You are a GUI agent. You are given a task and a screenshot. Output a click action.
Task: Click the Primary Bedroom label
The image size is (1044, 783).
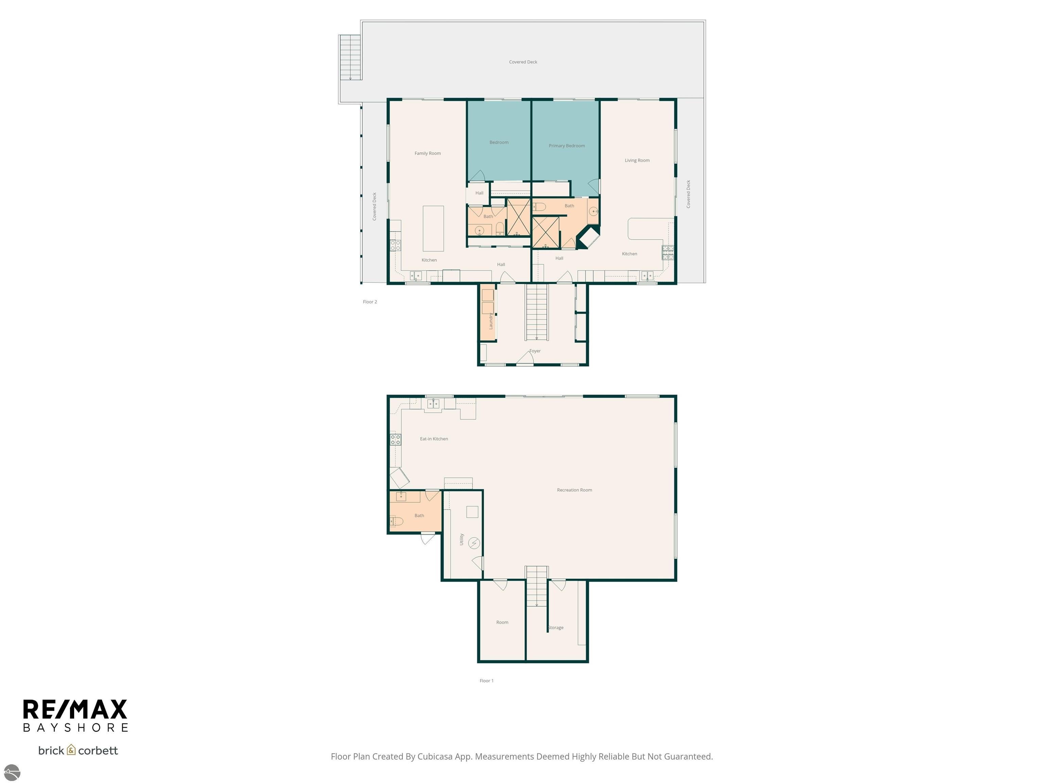[x=567, y=146]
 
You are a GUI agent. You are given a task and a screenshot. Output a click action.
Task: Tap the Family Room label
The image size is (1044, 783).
[x=427, y=153]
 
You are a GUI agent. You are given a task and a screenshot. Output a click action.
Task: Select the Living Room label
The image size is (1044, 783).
[x=637, y=160]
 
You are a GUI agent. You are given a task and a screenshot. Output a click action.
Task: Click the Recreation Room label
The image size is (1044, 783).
[x=574, y=490]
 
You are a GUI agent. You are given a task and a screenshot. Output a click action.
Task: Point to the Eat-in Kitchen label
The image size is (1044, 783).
[x=434, y=439]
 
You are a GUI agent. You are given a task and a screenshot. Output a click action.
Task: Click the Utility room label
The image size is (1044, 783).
[x=462, y=539]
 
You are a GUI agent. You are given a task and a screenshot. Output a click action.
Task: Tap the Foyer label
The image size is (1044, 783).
[x=535, y=351]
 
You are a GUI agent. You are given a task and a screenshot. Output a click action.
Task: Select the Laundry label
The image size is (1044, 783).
[x=491, y=321]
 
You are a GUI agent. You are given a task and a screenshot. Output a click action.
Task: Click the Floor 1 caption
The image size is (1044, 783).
[x=486, y=681]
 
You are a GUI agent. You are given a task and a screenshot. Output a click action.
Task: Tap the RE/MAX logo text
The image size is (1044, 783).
[x=75, y=710]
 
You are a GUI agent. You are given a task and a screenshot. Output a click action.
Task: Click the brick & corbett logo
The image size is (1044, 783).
[x=78, y=750]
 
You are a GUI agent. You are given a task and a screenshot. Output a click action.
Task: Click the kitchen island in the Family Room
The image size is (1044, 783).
[x=433, y=228]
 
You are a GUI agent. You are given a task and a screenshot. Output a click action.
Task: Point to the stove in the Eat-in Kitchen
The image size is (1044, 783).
[x=396, y=440]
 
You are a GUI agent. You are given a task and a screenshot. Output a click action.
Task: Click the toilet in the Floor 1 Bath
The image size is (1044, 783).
[x=397, y=522]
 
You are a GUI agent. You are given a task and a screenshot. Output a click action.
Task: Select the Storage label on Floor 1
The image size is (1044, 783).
[x=556, y=628]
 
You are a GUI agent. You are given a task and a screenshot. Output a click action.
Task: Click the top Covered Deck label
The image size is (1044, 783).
[x=523, y=62]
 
